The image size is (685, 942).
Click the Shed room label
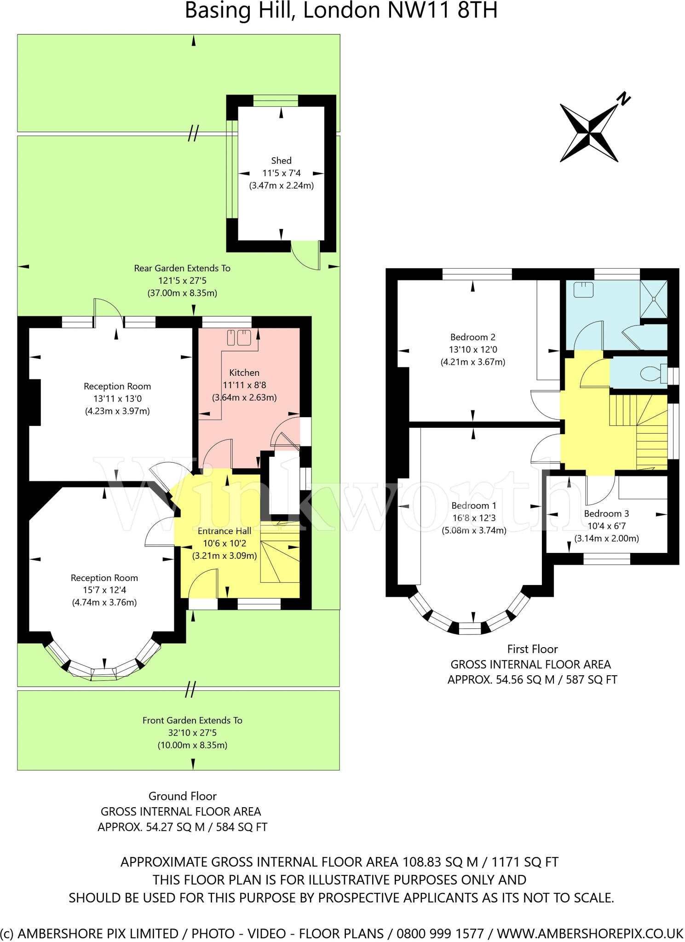point(281,161)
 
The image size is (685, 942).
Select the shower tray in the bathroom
point(654,299)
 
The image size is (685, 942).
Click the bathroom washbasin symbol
point(583,290)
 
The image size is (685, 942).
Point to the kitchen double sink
point(239,338)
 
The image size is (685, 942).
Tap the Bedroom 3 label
point(606,513)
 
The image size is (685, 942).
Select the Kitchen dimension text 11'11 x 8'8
point(244,385)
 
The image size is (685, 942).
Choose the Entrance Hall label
point(224,531)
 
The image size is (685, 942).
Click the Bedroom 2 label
point(472,337)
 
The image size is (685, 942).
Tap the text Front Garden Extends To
point(192,720)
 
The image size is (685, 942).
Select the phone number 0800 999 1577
point(440,933)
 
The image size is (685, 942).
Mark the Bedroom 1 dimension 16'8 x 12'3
point(474,518)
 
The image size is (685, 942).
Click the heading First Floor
point(532,649)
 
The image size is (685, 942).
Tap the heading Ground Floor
point(182,796)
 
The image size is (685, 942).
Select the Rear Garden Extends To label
point(182,268)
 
